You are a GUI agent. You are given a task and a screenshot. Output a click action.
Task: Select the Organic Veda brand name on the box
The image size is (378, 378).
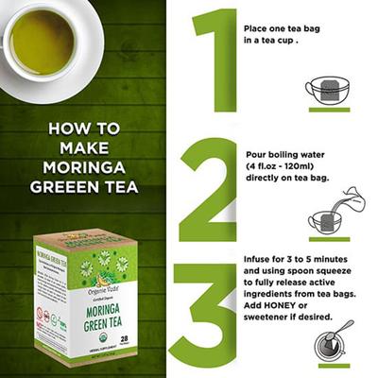tap(88, 242)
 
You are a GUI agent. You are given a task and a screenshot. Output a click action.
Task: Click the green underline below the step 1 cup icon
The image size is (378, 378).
tap(328, 110)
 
